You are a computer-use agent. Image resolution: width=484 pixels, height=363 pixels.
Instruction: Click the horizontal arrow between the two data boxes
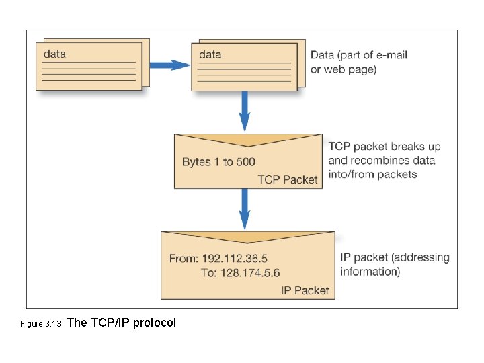tap(168, 65)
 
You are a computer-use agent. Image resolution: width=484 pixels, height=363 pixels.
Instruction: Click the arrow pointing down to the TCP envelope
tap(245, 111)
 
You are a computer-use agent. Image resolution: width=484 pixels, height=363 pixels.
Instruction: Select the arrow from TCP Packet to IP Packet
tap(245, 208)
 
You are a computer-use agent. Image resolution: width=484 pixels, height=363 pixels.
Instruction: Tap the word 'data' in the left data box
tap(55, 54)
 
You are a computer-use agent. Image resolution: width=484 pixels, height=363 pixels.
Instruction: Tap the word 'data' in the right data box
tap(210, 54)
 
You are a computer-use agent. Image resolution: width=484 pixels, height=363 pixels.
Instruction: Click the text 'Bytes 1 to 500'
tap(218, 162)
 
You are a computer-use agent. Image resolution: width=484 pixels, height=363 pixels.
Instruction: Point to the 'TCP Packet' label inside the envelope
tap(288, 179)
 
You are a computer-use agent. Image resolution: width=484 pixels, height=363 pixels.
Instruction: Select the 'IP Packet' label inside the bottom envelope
tap(305, 290)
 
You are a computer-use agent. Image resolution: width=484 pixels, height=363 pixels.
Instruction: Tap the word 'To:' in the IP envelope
tap(209, 273)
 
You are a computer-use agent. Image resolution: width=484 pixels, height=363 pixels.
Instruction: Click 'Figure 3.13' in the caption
tap(40, 324)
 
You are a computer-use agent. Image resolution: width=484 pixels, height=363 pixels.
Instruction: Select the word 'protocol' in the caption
tap(155, 323)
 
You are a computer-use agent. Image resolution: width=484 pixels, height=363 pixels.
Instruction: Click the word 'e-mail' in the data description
tap(391, 55)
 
